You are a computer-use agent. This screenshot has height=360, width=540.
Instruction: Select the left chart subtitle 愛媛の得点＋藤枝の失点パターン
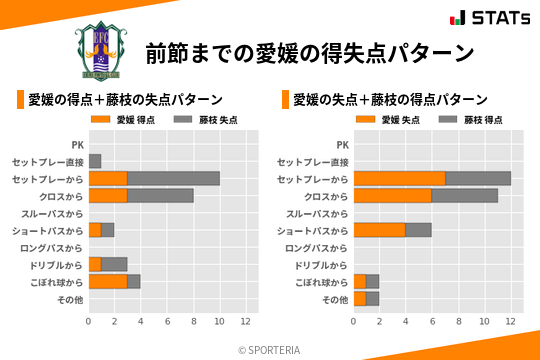point(125,100)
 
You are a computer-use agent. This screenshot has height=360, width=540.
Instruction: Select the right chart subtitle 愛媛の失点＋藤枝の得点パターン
point(390,100)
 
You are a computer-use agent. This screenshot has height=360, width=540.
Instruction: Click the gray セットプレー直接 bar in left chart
point(95,161)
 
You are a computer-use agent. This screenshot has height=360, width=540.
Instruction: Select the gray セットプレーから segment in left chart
point(173,178)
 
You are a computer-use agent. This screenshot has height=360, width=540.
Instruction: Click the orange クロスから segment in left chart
point(108,195)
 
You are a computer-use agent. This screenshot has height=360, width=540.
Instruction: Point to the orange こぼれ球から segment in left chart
point(108,281)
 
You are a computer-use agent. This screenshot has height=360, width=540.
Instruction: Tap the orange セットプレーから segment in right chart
point(399,178)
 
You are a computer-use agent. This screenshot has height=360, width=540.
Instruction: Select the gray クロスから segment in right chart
point(465,195)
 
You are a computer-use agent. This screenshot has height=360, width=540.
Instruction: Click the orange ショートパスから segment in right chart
point(379,230)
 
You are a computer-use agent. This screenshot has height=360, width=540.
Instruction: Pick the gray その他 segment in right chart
point(372,298)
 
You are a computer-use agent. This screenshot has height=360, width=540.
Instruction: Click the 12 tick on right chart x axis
point(511,322)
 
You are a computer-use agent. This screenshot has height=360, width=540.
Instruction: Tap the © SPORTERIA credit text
point(270,350)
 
